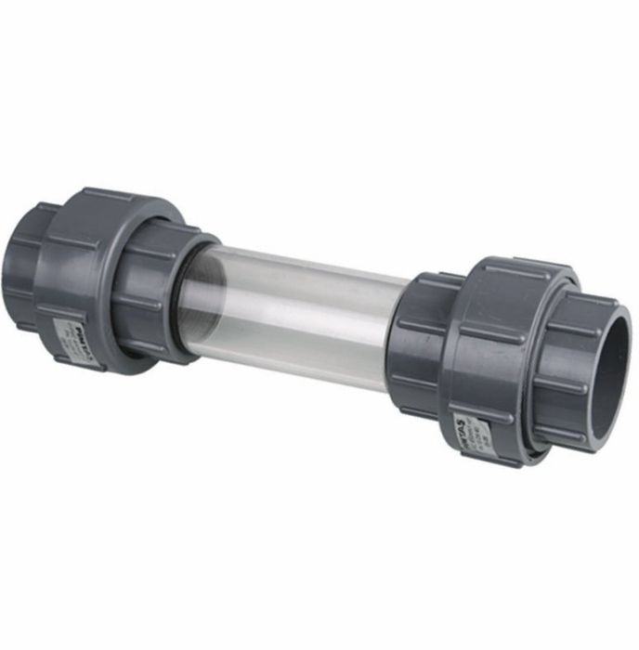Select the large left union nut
point(93,279)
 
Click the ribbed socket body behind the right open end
point(567,371)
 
